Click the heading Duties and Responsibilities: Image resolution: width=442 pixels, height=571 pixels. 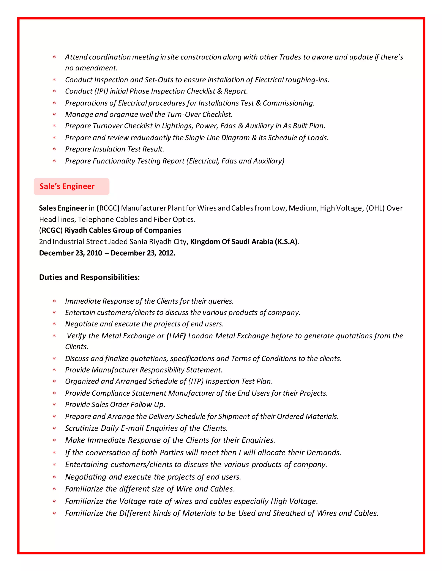[89, 277]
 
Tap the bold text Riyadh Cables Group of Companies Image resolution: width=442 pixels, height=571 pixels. [123, 230]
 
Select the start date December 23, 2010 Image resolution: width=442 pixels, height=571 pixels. [70, 253]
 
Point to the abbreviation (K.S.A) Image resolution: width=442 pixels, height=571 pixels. [286, 242]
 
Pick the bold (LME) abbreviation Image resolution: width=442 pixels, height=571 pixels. [176, 336]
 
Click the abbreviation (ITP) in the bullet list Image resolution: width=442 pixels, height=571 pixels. [196, 381]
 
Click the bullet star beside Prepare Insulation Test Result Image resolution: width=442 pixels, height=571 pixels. [54, 149]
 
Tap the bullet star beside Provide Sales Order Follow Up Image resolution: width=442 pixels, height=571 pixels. [54, 405]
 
